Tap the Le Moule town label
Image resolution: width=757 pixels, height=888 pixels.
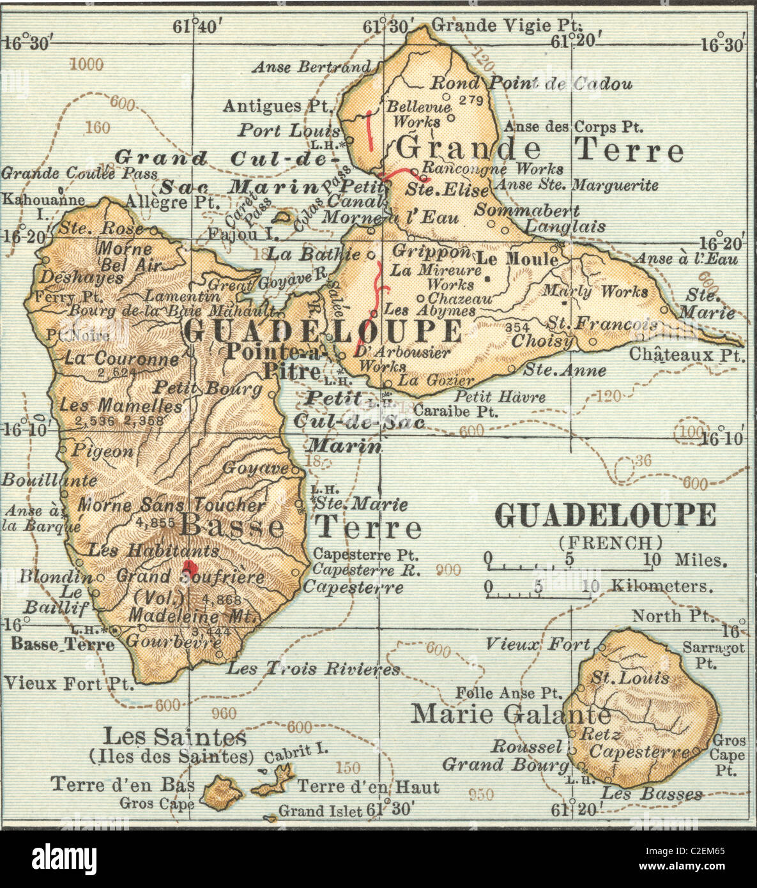[x=517, y=259]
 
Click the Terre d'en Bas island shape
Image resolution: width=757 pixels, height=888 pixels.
[x=222, y=792]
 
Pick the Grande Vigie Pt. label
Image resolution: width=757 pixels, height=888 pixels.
[x=507, y=26]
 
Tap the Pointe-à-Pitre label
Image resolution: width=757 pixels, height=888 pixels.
[x=292, y=361]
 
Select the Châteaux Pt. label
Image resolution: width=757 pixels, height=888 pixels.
[x=687, y=355]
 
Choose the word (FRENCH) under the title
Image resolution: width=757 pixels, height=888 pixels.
[x=611, y=543]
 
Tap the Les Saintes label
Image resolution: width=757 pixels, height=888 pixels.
[x=174, y=737]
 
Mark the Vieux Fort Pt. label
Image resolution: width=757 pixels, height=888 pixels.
[x=69, y=684]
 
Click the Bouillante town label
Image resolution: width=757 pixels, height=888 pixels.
[x=49, y=480]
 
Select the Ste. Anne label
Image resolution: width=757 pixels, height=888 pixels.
[x=565, y=370]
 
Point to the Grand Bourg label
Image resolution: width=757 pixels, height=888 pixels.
[x=505, y=764]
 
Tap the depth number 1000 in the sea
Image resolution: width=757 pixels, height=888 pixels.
[x=86, y=64]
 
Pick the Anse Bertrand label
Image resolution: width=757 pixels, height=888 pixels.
[x=311, y=66]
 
